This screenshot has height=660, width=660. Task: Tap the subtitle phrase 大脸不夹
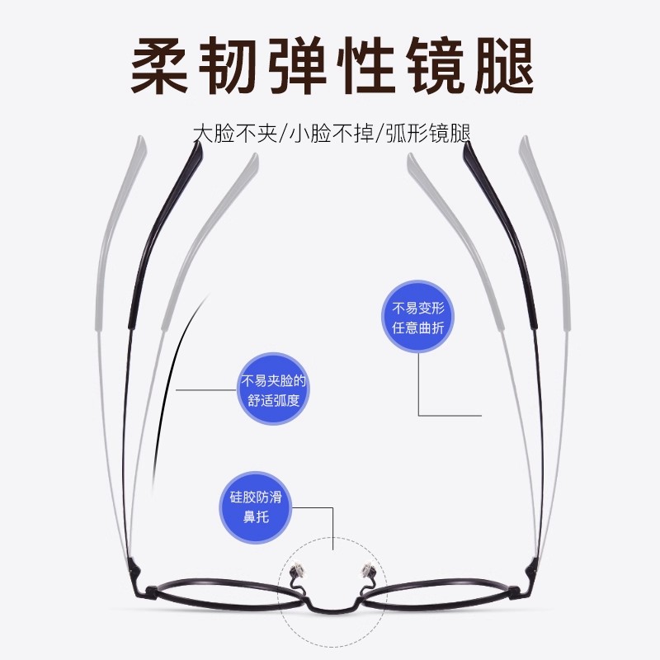(230, 134)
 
